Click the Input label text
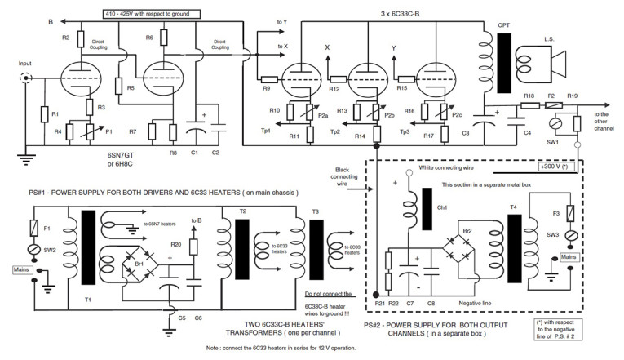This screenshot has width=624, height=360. [x=24, y=62]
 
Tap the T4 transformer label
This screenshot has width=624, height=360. [x=512, y=208]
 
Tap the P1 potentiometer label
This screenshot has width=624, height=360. [x=108, y=129]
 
